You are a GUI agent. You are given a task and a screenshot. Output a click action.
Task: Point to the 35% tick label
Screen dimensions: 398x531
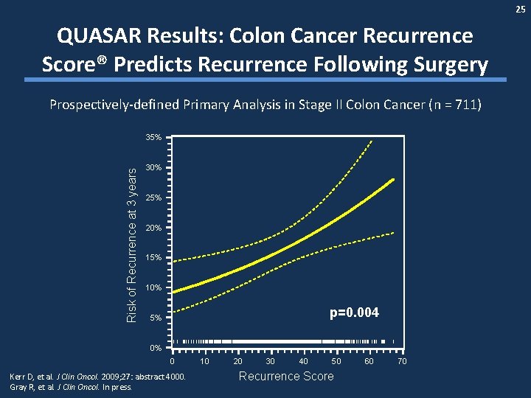coord(154,138)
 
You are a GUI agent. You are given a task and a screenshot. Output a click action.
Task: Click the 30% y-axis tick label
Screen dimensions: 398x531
coord(154,168)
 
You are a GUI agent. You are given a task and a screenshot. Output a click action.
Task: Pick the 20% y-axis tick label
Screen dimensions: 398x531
coord(154,228)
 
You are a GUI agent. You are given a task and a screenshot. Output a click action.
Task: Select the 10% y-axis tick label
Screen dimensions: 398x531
coord(154,287)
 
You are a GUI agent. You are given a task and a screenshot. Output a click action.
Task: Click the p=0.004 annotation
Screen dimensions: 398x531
coord(354,313)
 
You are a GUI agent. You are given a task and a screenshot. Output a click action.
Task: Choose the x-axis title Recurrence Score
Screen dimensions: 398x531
coord(286,377)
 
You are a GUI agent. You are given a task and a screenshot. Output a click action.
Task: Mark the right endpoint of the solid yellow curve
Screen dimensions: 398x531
coord(393,179)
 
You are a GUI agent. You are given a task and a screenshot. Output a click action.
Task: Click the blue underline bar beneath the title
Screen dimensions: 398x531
coord(265,80)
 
